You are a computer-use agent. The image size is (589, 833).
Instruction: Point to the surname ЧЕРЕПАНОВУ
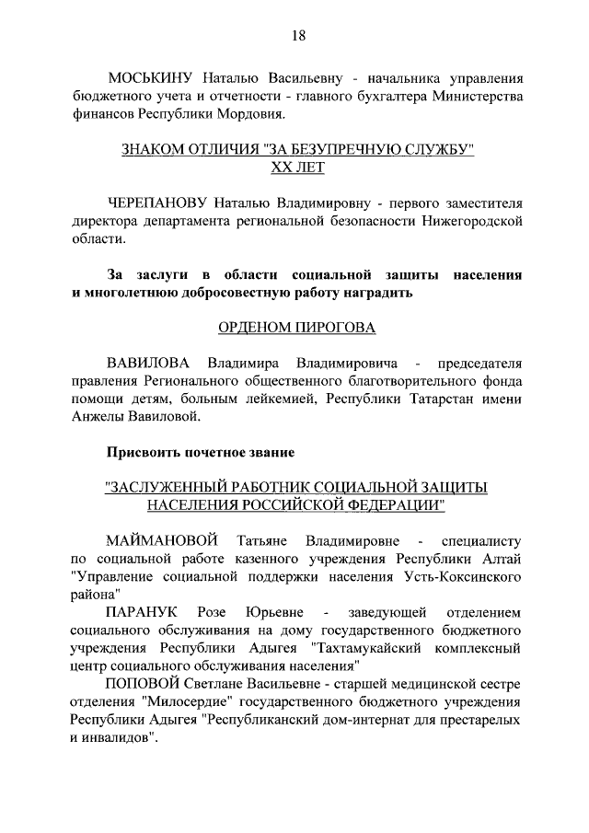coord(157,202)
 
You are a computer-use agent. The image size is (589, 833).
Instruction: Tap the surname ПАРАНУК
coord(143,611)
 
